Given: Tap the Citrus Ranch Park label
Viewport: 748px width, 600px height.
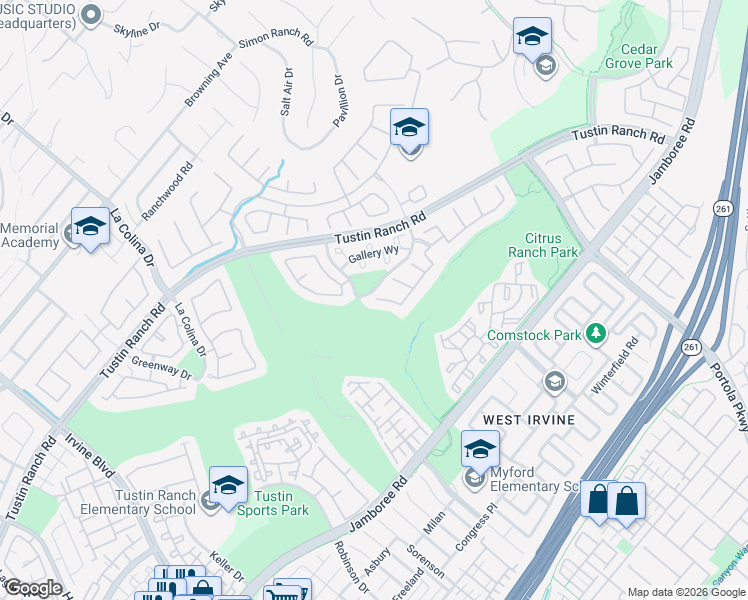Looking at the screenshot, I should pos(550,246).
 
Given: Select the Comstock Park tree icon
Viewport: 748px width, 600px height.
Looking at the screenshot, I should pos(596,332).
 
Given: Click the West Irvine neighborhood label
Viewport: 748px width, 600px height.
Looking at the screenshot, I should pos(529,420).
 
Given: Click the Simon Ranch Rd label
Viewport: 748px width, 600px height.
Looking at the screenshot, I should pos(276,44).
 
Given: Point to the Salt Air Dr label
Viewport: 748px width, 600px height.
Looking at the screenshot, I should pos(287,92).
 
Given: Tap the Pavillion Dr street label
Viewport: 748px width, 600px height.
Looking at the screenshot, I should pos(338,101).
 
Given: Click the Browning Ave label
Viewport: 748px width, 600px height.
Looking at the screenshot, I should pos(208,80).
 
